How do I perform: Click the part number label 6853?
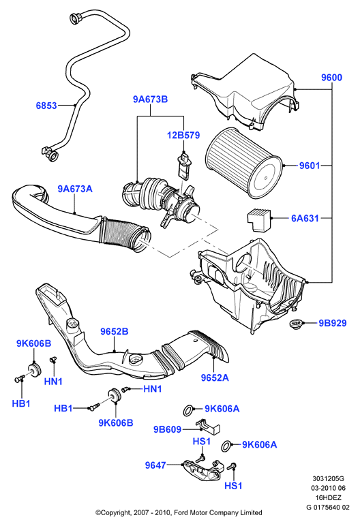[46, 106]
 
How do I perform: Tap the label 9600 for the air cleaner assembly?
[331, 78]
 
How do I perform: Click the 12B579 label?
[183, 135]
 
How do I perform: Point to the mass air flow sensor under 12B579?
[183, 164]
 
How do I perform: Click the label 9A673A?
[74, 189]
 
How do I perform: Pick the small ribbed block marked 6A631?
[259, 219]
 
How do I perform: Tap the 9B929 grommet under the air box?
[296, 324]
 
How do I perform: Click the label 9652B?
[114, 331]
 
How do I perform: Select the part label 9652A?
[215, 377]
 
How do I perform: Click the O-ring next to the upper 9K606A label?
[188, 410]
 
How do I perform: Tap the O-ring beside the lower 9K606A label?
[227, 446]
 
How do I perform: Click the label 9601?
[310, 166]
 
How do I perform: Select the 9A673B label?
[150, 99]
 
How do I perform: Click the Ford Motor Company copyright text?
[179, 512]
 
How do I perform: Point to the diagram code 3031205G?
[328, 479]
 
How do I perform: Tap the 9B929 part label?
[333, 323]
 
